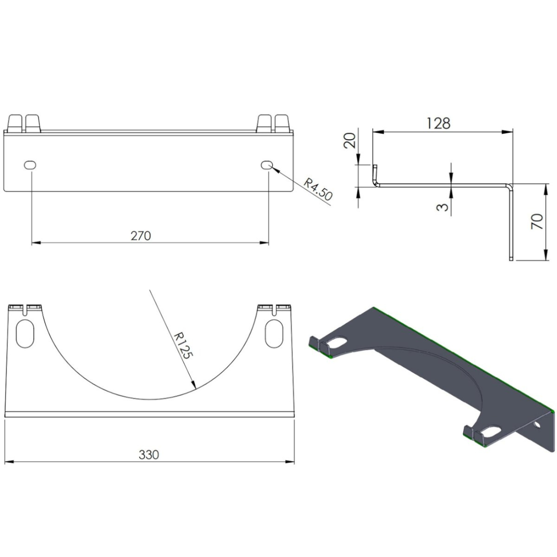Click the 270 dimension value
pos(141,235)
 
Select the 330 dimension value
pos(149,454)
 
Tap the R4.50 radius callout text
pos(317,190)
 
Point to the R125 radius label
pos(183,346)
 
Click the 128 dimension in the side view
pos(438,123)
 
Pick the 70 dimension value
pos(538,221)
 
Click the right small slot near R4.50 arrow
pos(267,165)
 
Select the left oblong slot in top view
pos(25,333)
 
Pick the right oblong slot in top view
pos(274,333)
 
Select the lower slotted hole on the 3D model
pos(490,430)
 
